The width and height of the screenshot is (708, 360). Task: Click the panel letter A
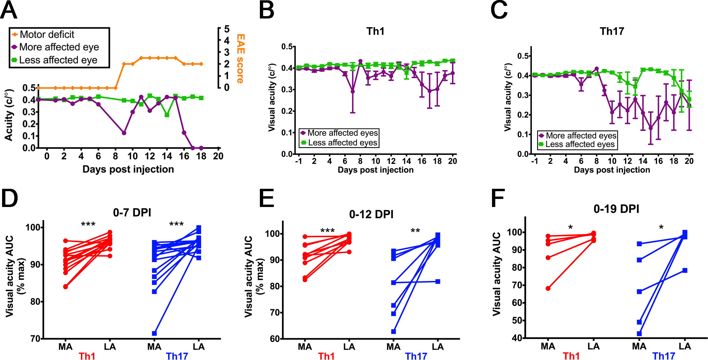[9, 10]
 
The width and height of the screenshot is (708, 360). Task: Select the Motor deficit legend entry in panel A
[47, 35]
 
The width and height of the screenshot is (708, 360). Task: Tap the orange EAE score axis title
[241, 58]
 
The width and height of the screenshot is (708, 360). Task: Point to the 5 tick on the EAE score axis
[227, 29]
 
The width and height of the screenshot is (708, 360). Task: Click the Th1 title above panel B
[375, 31]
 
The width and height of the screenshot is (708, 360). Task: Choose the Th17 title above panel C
[612, 31]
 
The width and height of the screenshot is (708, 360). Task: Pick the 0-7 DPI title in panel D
[132, 213]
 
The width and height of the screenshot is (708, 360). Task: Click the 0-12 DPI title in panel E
[371, 214]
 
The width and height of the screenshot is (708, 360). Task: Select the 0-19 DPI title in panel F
[616, 209]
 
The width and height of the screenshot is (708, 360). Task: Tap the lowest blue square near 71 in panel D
[154, 333]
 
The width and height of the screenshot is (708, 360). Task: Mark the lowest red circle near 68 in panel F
[548, 288]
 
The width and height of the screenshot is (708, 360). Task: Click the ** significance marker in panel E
[415, 231]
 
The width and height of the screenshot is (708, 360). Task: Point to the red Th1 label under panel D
[87, 356]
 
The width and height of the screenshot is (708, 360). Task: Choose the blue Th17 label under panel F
[664, 356]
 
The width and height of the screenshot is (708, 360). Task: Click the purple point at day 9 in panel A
[124, 133]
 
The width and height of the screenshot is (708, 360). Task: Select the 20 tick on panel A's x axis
[218, 156]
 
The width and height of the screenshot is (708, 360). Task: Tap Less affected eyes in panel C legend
[580, 144]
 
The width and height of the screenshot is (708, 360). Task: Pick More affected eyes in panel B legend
[343, 133]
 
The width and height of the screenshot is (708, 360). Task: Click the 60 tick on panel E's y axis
[274, 339]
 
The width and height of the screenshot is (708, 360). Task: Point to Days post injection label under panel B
[375, 170]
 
